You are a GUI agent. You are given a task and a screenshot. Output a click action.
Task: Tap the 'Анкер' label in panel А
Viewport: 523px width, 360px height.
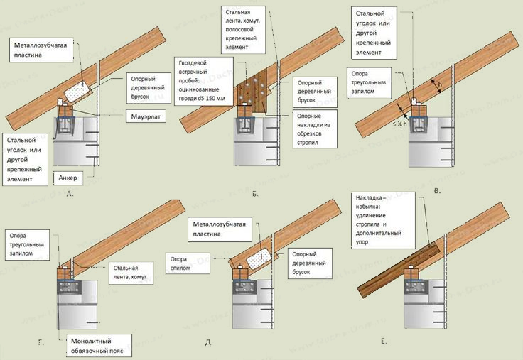point(69,178)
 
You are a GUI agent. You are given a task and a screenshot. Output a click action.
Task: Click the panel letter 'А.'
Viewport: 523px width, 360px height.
point(69,192)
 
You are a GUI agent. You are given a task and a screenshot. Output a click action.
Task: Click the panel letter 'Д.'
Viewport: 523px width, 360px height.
point(209,343)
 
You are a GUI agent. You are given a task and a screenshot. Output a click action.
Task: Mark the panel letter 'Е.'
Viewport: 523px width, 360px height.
point(383,342)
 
